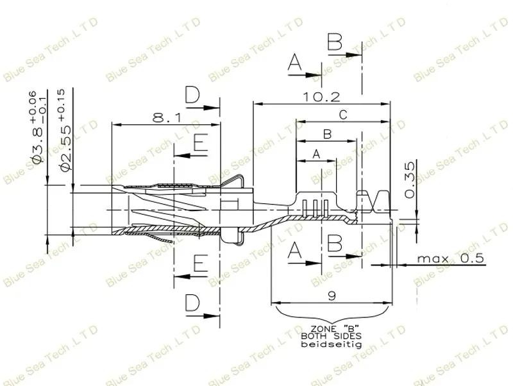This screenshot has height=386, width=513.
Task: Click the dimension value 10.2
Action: (321, 97)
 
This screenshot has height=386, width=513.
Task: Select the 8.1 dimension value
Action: (167, 117)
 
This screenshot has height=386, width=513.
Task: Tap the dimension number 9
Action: (332, 296)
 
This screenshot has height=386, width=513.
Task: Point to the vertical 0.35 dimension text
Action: (409, 180)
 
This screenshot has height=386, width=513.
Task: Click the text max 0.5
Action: (450, 258)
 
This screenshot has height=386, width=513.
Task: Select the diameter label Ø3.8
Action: (38, 145)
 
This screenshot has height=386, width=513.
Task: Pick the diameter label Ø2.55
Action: (65, 148)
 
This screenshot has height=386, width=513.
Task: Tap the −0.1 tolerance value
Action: (42, 110)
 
